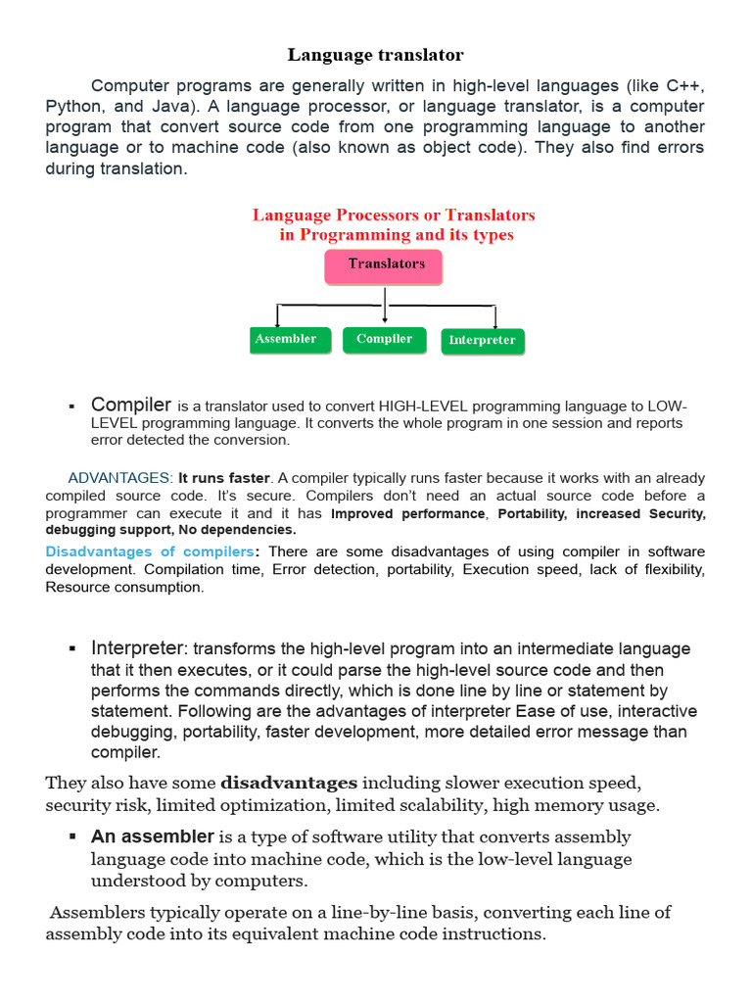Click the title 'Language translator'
(376, 55)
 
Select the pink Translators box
(383, 266)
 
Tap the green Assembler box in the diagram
(286, 339)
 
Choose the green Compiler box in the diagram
(384, 339)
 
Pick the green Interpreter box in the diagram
(482, 341)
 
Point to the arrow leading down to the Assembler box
(278, 316)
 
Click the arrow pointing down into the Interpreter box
(495, 317)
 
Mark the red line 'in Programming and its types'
(396, 235)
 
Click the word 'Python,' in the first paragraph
(74, 107)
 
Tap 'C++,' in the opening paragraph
(681, 86)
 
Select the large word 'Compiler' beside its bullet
(131, 405)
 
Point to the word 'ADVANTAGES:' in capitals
(120, 478)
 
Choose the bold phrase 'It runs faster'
(223, 478)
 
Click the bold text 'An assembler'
(152, 836)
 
